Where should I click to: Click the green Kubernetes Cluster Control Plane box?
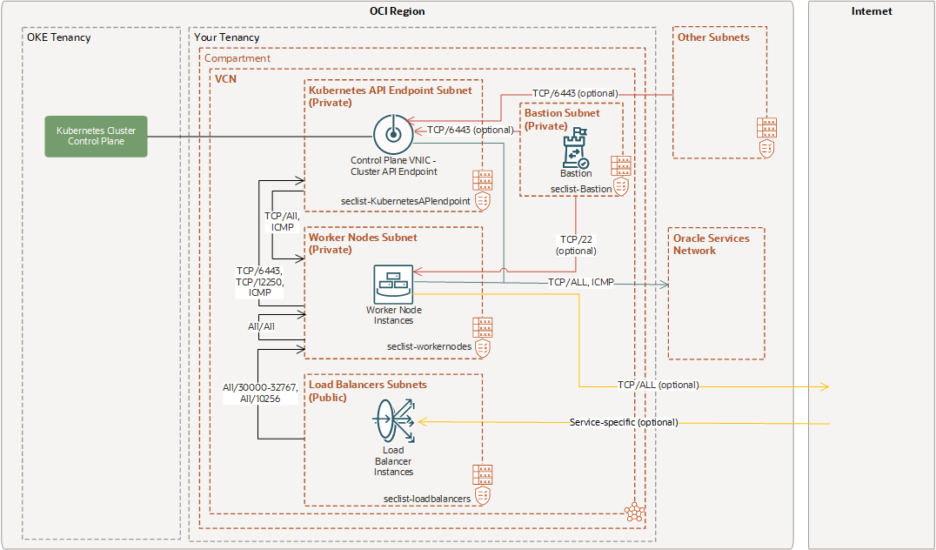[97, 136]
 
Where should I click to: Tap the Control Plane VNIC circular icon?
[391, 134]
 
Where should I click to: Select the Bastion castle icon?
[576, 151]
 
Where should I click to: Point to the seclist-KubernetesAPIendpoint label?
[406, 201]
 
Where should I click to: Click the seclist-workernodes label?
[429, 345]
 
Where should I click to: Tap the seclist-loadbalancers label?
[427, 499]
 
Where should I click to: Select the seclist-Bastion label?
[581, 189]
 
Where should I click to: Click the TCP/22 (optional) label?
[577, 245]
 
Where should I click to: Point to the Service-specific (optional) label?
[623, 422]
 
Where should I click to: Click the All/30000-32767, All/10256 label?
[260, 392]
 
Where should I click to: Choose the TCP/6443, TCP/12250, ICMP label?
[259, 281]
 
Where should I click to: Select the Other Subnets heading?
[713, 37]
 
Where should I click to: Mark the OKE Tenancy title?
[59, 37]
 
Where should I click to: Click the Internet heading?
[872, 11]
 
